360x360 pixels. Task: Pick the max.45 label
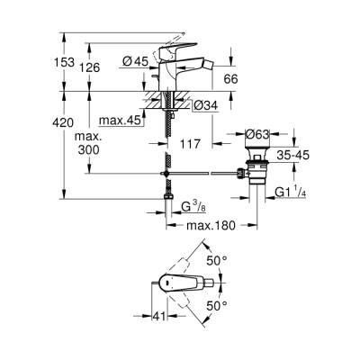[118, 121]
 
